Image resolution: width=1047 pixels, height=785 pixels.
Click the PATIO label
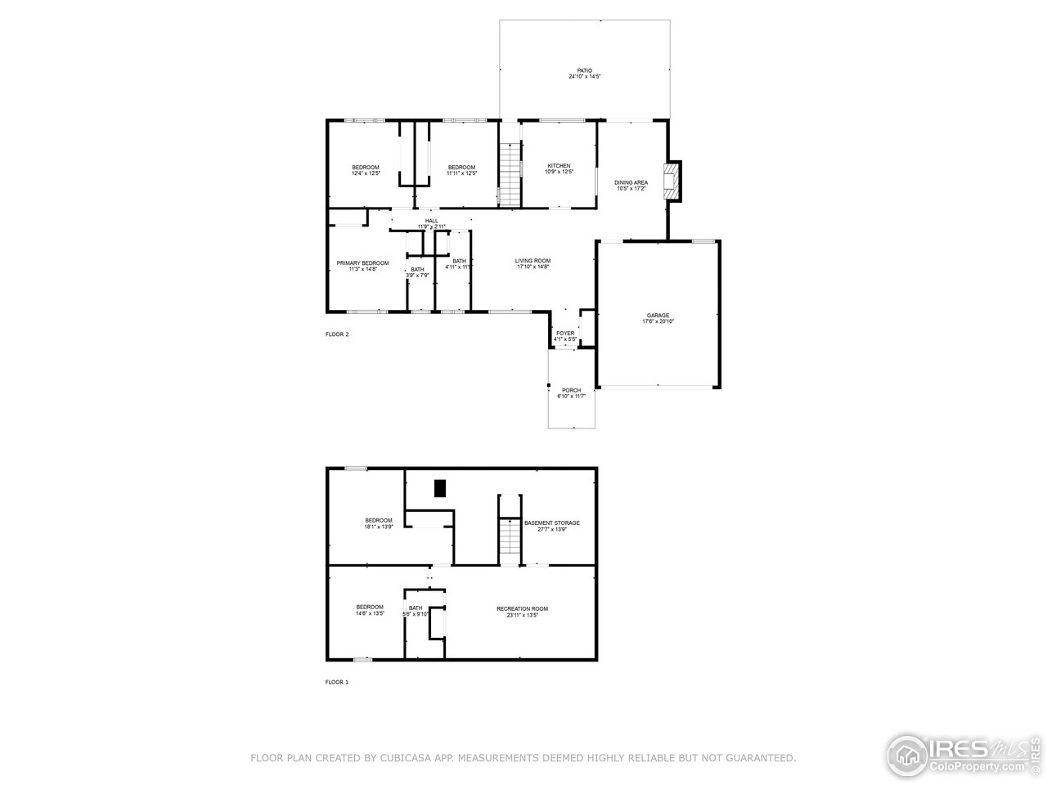pos(585,71)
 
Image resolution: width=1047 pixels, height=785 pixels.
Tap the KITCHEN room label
pos(559,166)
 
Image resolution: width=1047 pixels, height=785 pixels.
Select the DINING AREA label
pos(631,182)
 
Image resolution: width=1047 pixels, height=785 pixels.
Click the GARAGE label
pos(658,316)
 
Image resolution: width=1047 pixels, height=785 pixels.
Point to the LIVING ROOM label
pos(532,261)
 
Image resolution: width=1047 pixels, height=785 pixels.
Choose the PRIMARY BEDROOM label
pos(362,263)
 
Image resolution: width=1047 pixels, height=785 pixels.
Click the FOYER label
pos(565,334)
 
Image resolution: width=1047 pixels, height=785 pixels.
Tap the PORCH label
pos(571,391)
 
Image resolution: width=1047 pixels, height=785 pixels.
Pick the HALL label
pos(432,221)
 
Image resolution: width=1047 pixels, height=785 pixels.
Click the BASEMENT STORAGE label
pos(552,523)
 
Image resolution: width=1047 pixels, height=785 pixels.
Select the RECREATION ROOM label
pos(522,608)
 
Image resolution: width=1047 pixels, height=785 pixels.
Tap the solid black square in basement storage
pos(440,488)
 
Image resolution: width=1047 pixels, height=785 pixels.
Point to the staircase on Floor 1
pos(510,541)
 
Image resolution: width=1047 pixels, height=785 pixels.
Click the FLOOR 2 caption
pos(337,334)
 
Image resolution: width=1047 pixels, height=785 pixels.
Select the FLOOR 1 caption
pos(336,682)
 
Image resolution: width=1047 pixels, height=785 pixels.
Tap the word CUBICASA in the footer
pos(402,759)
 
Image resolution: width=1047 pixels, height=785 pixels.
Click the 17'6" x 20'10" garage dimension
pos(658,322)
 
